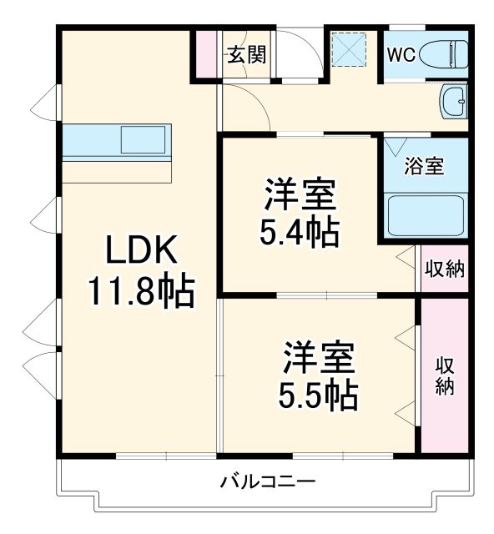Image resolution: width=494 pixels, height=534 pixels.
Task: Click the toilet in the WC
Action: click(441, 54)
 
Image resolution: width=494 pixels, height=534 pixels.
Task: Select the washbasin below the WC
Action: click(456, 103)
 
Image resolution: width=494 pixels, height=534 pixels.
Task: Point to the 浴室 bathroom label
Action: click(424, 165)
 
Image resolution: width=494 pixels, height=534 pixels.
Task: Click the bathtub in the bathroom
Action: click(426, 215)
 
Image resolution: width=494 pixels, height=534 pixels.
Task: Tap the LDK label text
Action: click(140, 251)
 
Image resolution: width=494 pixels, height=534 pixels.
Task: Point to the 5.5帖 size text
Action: click(319, 394)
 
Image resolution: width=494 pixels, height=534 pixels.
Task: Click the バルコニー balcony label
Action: click(267, 481)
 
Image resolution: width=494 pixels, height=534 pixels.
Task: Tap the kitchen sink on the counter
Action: click(143, 139)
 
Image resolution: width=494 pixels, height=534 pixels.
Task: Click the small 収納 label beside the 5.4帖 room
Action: click(444, 269)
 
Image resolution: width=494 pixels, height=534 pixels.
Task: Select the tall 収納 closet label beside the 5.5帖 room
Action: click(444, 375)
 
